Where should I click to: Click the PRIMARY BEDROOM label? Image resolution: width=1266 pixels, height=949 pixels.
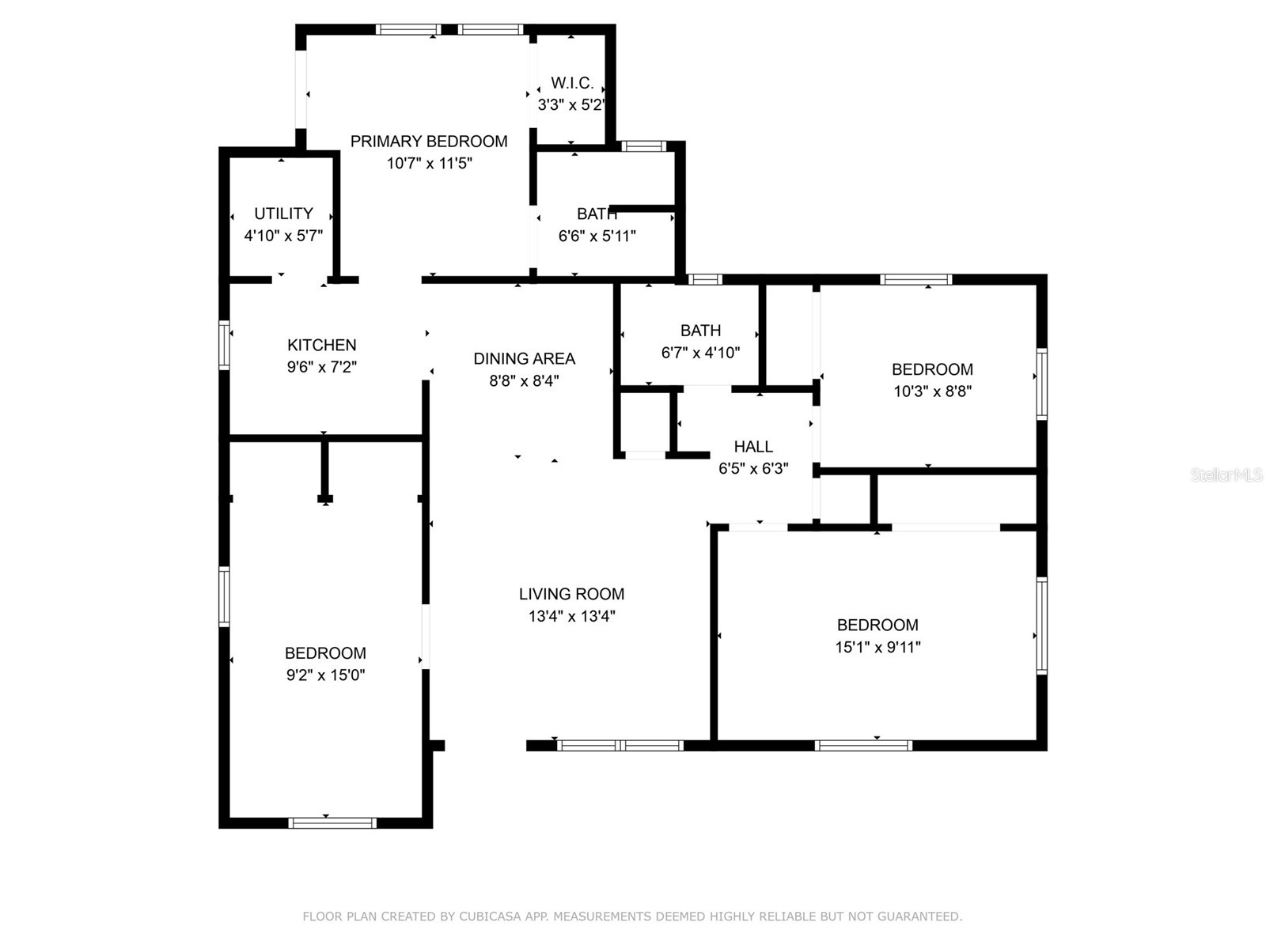pos(429,142)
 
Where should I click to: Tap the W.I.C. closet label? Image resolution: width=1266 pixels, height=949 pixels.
pos(572,83)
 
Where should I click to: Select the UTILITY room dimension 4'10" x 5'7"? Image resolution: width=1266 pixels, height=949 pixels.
pos(283,236)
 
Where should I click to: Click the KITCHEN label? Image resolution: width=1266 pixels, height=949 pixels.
pos(321,345)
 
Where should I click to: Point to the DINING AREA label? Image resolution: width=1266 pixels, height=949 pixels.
pos(524,358)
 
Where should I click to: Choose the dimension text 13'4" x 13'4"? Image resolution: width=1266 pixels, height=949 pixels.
pos(571,616)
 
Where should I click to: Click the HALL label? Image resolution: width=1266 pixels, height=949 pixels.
pos(752,446)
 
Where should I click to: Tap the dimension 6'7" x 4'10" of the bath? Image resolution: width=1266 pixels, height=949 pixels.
pos(700,353)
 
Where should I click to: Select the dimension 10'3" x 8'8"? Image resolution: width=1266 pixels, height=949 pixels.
pos(932,391)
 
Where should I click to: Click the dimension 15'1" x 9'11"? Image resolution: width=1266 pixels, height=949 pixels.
pos(877,647)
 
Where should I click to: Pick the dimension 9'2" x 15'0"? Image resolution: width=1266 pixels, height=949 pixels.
pos(325,675)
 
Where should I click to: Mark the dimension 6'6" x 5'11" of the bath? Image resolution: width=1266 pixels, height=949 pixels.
pos(597,236)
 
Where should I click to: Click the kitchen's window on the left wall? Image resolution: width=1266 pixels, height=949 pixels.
pos(224,345)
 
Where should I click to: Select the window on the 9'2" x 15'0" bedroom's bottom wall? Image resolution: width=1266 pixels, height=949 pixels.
pos(332,823)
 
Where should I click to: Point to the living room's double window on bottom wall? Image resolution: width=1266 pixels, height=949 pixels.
pos(620,745)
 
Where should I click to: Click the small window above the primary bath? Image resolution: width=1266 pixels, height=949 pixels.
pos(643,146)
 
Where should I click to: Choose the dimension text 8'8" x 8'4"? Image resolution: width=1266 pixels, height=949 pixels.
pos(524,380)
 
